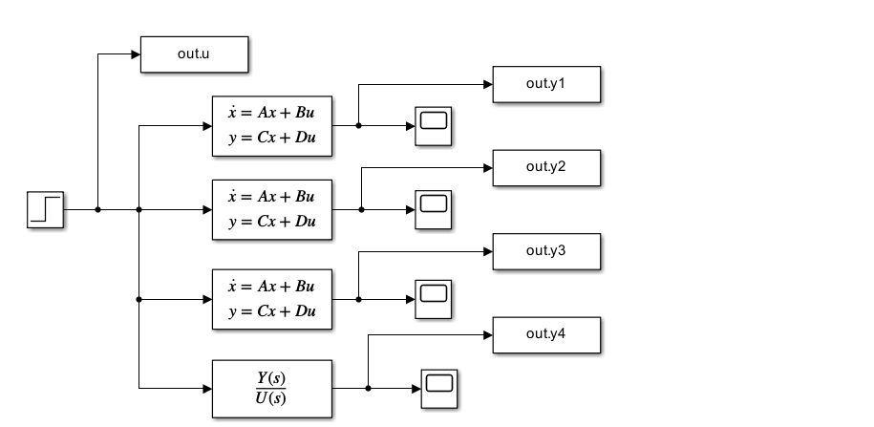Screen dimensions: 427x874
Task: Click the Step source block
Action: tap(45, 209)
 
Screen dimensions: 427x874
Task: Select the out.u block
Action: tap(195, 54)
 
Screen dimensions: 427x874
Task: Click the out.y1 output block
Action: tap(546, 84)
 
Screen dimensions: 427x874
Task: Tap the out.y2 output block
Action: tap(546, 167)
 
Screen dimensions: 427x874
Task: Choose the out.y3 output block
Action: tap(546, 251)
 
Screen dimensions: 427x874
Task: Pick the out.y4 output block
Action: tap(546, 334)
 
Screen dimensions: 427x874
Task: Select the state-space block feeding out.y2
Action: tap(271, 209)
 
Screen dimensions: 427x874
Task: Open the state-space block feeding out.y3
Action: tap(271, 299)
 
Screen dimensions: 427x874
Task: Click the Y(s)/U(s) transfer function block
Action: tap(271, 388)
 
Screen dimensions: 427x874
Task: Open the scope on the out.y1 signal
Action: tap(434, 126)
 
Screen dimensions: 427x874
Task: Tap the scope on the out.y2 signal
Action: tap(434, 209)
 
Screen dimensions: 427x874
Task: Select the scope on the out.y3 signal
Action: tap(434, 299)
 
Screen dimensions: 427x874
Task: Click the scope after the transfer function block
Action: tap(438, 388)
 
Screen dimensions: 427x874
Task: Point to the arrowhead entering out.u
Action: tap(135, 54)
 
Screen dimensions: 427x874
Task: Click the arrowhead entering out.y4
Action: tap(487, 334)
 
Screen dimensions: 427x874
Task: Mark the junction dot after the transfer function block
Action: tap(369, 388)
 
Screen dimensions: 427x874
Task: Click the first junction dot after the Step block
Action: tap(97, 209)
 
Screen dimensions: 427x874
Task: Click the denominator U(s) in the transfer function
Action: tap(271, 397)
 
